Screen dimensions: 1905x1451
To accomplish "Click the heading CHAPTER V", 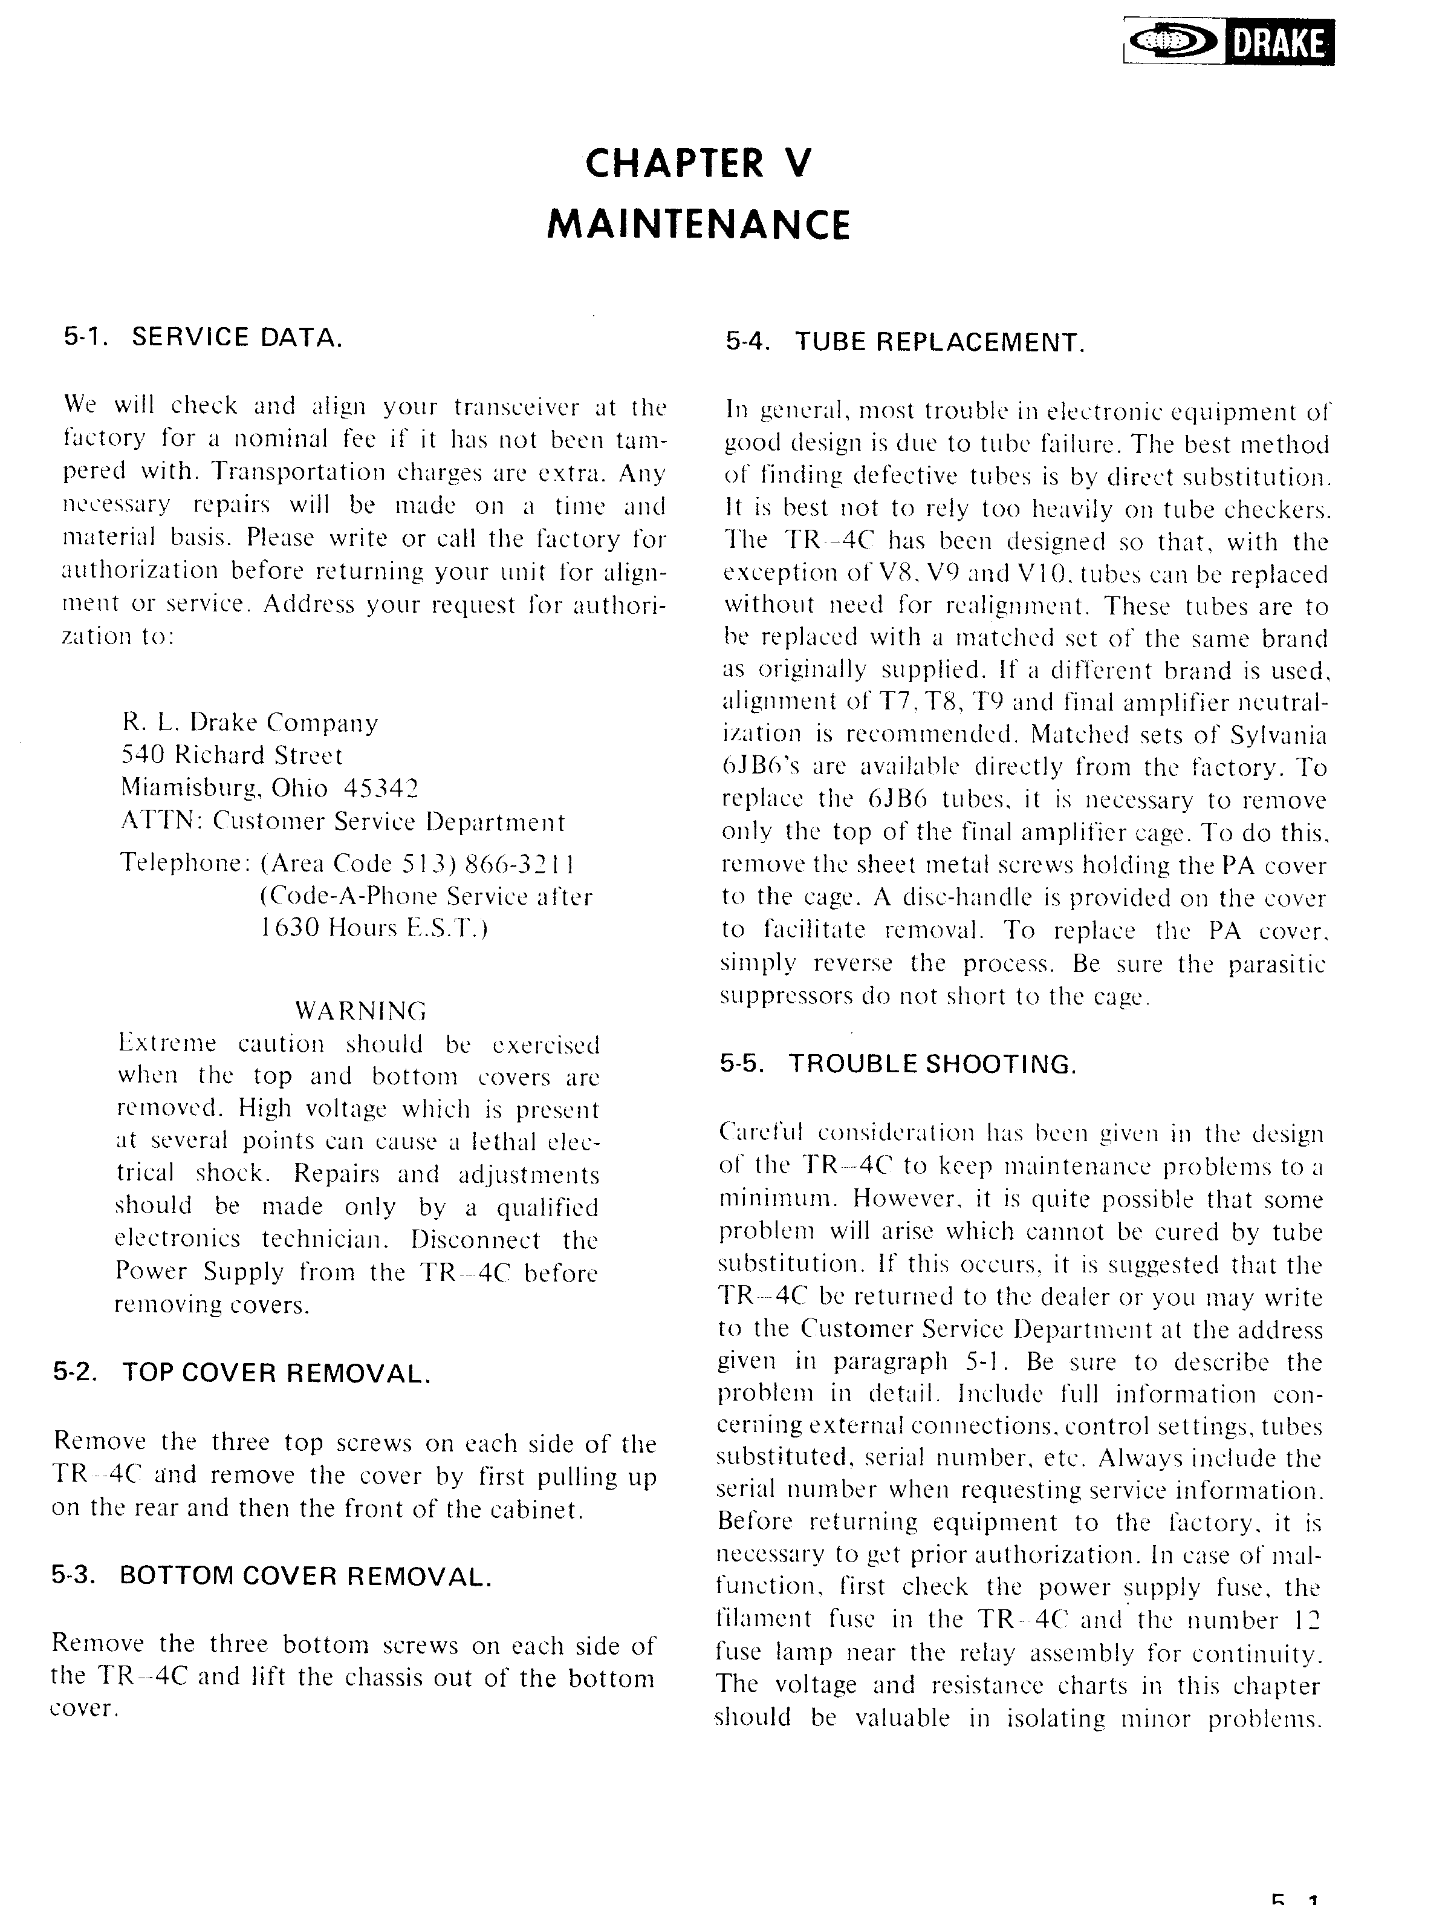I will pyautogui.click(x=699, y=163).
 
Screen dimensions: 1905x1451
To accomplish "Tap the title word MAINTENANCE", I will pyautogui.click(x=699, y=224).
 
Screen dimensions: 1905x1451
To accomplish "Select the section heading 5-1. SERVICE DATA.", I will pyautogui.click(x=203, y=337).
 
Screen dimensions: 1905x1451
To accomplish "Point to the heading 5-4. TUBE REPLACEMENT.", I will pyautogui.click(x=904, y=342).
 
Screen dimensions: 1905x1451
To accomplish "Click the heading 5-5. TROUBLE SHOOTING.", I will pyautogui.click(x=898, y=1064).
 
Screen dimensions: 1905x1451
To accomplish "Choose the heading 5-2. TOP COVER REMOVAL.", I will pyautogui.click(x=242, y=1373).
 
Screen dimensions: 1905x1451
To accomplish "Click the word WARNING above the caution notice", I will pyautogui.click(x=361, y=1010).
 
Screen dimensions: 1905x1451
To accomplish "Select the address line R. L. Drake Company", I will pyautogui.click(x=250, y=722).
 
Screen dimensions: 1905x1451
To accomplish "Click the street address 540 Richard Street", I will pyautogui.click(x=232, y=755).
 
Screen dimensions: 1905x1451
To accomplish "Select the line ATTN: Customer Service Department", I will pyautogui.click(x=342, y=821).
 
